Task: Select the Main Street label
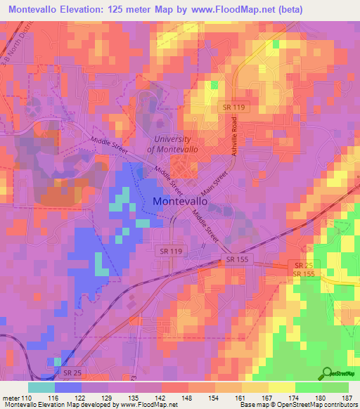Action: coord(214,183)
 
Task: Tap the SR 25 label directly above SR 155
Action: coord(304,265)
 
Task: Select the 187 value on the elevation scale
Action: coord(347,398)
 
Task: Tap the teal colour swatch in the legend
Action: coord(41,387)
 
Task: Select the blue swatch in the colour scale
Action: coord(67,387)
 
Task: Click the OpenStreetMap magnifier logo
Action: coord(327,374)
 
